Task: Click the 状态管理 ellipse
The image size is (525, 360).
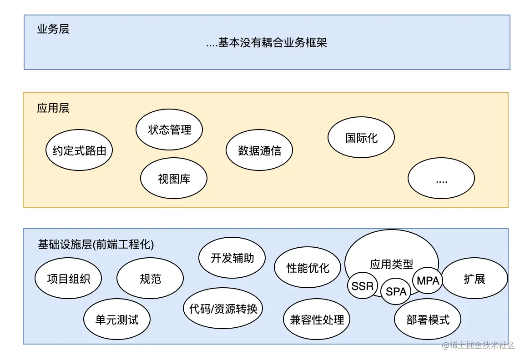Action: coord(169,130)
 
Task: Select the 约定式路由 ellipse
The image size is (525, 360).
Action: coord(79,150)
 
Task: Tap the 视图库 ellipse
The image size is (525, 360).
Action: coord(174,178)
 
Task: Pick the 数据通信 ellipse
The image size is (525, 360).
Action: coord(259,150)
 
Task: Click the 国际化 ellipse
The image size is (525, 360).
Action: coord(361,138)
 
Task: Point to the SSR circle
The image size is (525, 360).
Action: coord(363,286)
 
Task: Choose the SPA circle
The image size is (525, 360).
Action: coord(396,291)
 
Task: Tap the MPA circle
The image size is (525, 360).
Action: coord(428,280)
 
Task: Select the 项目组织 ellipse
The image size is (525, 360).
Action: coord(68,279)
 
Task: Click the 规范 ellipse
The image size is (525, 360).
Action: coord(150,279)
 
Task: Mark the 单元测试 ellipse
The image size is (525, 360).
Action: coord(117,319)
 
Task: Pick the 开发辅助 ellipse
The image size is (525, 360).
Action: coord(232,258)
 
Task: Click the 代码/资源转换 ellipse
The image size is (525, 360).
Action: coord(223,309)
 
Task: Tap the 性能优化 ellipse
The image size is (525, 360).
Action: coord(308,267)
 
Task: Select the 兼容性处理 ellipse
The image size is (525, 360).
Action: coord(317,319)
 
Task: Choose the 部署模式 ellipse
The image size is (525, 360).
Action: coord(428,319)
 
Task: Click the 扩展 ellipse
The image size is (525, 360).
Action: coord(475,279)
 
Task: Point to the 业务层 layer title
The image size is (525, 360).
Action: coord(53,30)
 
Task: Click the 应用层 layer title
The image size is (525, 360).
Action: coord(53,108)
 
